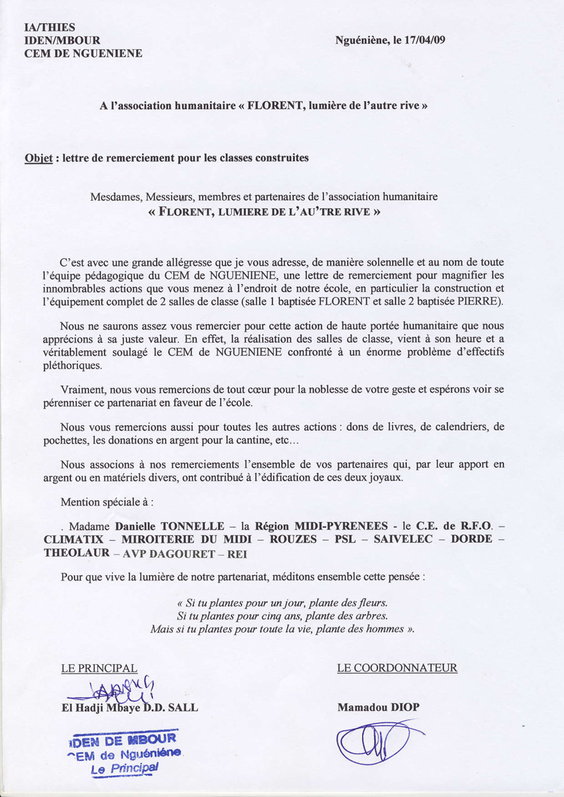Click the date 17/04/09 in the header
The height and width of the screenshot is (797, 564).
click(423, 40)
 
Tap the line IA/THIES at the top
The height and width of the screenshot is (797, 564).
click(50, 27)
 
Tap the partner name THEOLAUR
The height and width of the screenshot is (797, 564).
click(76, 553)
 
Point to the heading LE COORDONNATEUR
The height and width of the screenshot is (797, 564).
click(397, 668)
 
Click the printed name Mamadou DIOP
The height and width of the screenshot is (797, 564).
click(378, 707)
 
